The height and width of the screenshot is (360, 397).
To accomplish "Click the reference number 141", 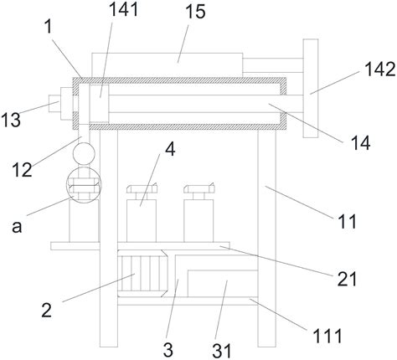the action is pos(123,10).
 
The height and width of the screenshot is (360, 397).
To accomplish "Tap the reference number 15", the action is pos(195,12).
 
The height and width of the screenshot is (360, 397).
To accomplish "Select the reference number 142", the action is pos(380,69).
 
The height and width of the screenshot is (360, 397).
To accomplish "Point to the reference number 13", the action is pos(11,120).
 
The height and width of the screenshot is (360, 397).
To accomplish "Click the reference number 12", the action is pos(22,169).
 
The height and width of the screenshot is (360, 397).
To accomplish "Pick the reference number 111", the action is pos(327,336).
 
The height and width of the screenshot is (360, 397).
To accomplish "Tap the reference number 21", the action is pos(347,279).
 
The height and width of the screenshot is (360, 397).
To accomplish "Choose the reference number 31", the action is pos(222,351).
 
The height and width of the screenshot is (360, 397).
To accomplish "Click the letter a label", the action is pos(17,227).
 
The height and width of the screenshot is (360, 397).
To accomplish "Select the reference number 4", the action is pos(170,149).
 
